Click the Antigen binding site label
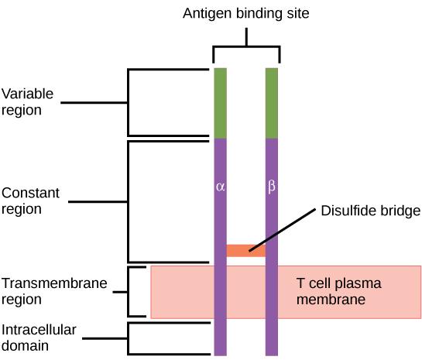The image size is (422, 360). [x=245, y=13]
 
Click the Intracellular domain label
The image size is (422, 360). [x=39, y=338]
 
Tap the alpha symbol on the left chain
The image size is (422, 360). [x=220, y=187]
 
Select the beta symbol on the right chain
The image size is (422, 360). [x=271, y=187]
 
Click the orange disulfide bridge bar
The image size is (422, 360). [x=245, y=250]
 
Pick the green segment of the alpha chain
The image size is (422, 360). [x=220, y=102]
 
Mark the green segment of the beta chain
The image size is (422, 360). [x=272, y=102]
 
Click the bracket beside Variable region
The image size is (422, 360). [x=129, y=102]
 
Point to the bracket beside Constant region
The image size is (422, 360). [x=129, y=201]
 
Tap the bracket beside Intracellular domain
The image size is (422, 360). [x=129, y=338]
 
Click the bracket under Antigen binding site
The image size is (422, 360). [x=246, y=46]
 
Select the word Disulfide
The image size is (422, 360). [x=342, y=211]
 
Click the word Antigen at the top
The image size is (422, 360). [x=204, y=13]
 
